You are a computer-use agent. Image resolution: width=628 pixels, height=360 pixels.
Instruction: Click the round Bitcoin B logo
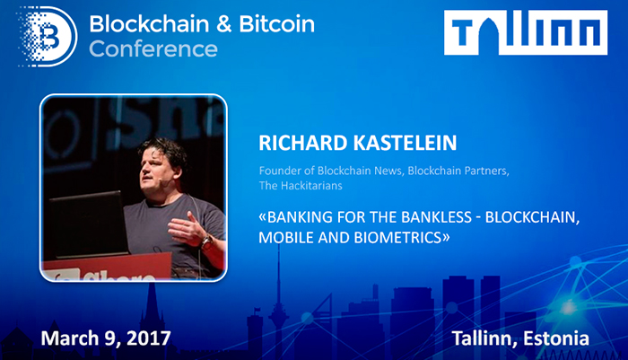pos(48,37)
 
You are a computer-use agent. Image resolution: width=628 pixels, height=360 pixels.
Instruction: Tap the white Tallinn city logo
pos(526,32)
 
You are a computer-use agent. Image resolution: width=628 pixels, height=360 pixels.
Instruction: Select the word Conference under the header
pos(153,49)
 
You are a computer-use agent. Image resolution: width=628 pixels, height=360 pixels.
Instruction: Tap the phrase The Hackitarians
pos(301,186)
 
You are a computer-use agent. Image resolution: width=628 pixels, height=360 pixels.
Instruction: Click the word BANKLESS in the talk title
pos(436,217)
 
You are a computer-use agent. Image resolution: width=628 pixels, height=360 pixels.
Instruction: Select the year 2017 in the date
pos(149,338)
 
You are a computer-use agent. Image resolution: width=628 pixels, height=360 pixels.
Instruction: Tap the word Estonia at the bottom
pos(556,338)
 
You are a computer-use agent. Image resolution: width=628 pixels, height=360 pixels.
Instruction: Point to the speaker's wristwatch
pos(206,241)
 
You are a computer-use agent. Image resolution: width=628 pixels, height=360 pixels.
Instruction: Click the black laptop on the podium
pos(89,224)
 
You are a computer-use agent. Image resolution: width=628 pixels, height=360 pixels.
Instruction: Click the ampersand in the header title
pos(225,24)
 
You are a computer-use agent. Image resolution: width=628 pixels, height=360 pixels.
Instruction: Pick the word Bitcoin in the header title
pos(276,23)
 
